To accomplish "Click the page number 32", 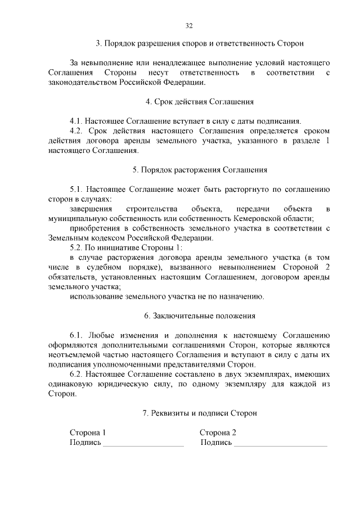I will tap(189, 25).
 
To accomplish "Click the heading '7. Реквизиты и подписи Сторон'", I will tap(200, 413).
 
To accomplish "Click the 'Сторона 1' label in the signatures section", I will tap(87, 433).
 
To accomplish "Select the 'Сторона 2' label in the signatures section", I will tap(218, 433).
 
